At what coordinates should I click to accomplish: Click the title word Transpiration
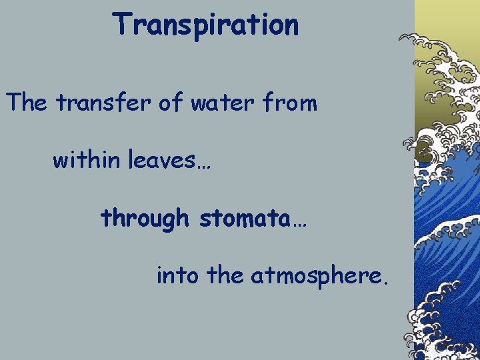coord(205,25)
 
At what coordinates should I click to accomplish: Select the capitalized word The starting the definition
coord(27,103)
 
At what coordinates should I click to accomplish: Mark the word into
coord(177,275)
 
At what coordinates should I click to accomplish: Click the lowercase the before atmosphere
coord(225,275)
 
